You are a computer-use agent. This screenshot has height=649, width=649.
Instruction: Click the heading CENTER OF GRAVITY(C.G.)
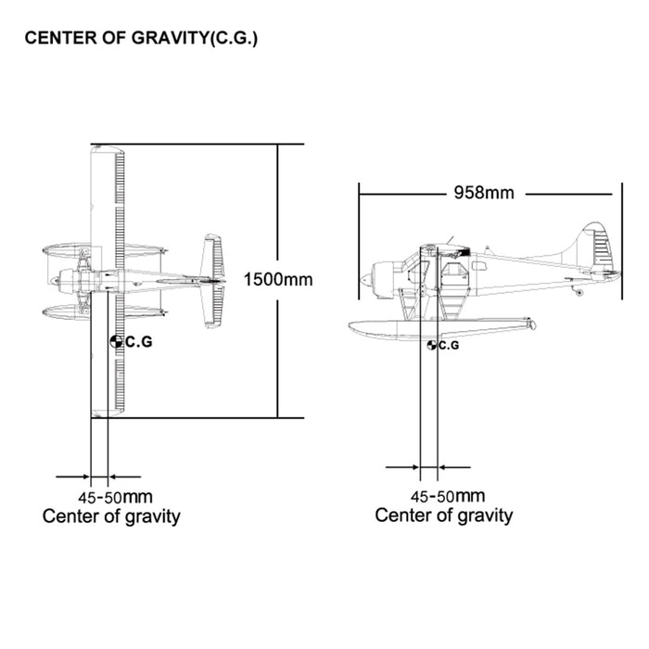[141, 39]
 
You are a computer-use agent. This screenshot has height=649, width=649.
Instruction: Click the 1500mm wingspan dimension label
[277, 278]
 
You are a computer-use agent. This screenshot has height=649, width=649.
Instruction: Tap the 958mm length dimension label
[483, 193]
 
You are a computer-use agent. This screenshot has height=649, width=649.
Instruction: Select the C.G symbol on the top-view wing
[116, 342]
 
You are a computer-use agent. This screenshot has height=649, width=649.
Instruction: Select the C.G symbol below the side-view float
[432, 345]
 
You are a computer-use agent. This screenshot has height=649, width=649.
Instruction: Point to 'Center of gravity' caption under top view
[111, 516]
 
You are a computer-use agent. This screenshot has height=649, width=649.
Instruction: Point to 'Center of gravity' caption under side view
[443, 515]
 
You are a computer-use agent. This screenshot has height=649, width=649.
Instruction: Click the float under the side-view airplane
[436, 325]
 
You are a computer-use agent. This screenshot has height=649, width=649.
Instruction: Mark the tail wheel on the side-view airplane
[580, 293]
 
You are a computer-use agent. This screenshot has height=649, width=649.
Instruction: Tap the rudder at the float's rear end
[528, 324]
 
